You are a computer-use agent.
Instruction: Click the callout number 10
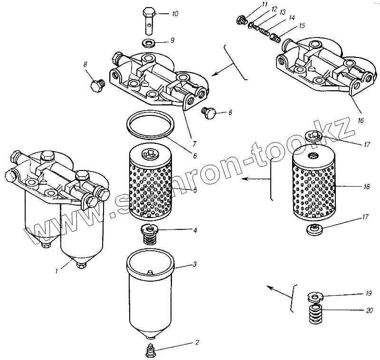pyautogui.click(x=175, y=14)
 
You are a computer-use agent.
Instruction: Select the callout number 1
pyautogui.click(x=57, y=271)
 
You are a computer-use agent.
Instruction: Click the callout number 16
pyautogui.click(x=361, y=121)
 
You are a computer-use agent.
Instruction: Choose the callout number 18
pyautogui.click(x=366, y=187)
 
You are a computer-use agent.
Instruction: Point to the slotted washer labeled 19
pyautogui.click(x=314, y=297)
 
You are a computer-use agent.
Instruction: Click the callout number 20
pyautogui.click(x=370, y=310)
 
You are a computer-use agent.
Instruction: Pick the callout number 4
pyautogui.click(x=195, y=230)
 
